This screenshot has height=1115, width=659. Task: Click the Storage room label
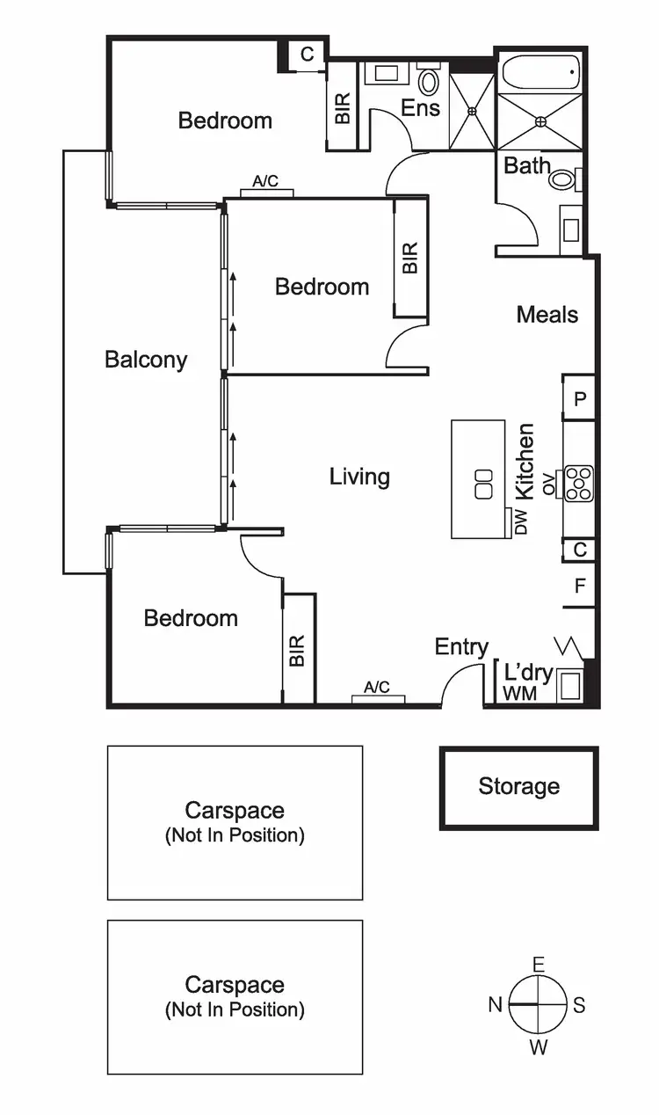click(518, 786)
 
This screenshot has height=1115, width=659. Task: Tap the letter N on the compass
click(496, 1004)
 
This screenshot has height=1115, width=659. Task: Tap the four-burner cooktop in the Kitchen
click(579, 483)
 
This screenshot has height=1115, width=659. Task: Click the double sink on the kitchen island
click(483, 485)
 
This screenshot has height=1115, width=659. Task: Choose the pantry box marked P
click(579, 398)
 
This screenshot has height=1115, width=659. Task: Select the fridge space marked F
click(579, 586)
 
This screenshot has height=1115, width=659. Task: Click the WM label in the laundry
click(519, 694)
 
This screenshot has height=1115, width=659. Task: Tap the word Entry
click(461, 647)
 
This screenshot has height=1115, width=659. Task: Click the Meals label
click(547, 314)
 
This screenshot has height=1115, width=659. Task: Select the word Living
click(359, 477)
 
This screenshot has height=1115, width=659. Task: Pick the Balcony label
click(146, 359)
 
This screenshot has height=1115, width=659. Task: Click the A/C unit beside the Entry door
click(378, 699)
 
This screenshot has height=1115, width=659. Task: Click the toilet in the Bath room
click(561, 180)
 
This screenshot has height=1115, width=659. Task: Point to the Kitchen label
click(525, 462)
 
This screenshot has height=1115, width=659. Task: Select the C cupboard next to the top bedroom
click(307, 55)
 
